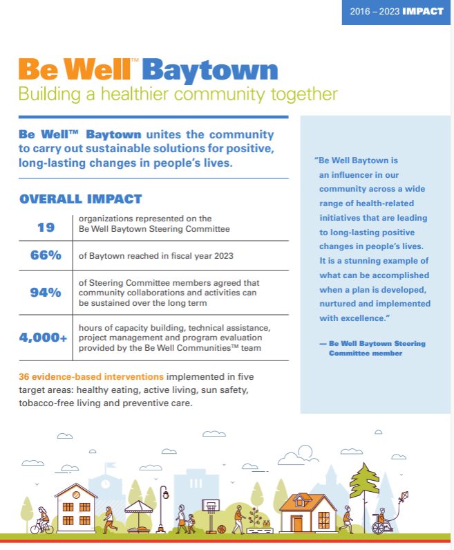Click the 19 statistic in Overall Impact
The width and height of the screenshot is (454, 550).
point(46,226)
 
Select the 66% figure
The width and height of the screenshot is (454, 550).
point(46,255)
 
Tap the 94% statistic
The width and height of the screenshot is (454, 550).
point(46,292)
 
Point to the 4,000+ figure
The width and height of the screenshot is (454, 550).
point(44,338)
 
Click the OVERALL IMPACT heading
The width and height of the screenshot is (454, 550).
point(80,199)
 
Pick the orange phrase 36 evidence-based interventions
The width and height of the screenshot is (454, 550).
point(91,377)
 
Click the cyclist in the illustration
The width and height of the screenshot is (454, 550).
point(41,521)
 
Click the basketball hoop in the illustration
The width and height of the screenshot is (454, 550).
point(209,510)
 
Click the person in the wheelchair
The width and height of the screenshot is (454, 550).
point(380,522)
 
